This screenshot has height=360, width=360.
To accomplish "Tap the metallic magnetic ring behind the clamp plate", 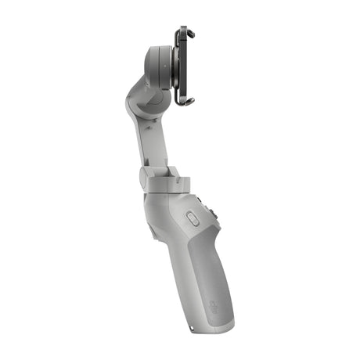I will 176,66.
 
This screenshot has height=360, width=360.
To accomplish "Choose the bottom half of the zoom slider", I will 193,225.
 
